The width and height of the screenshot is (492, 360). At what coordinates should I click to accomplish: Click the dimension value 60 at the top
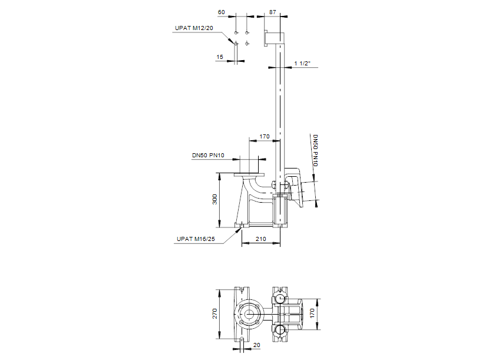222,12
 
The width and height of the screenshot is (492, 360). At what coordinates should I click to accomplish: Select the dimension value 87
272,12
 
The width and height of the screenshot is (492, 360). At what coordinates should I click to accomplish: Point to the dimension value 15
220,57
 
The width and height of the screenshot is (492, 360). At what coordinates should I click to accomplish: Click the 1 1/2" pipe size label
303,63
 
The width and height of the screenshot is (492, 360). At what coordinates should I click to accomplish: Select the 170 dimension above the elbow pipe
265,136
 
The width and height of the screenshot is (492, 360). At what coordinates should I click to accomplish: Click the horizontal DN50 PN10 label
208,155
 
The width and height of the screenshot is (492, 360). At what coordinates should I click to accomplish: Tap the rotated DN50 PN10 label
315,150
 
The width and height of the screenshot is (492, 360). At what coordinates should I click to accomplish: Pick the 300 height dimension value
214,200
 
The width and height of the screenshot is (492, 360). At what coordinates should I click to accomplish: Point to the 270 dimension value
214,313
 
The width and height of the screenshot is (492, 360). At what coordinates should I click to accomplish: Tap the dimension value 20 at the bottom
256,346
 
